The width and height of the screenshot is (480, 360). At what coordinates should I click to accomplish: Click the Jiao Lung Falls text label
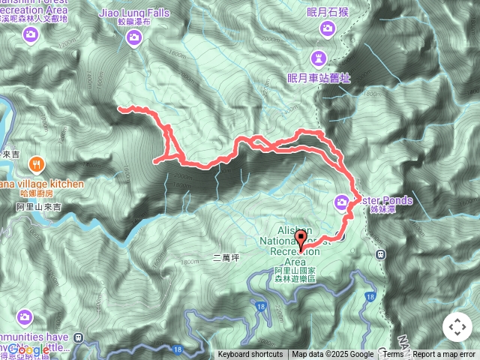pyautogui.click(x=134, y=13)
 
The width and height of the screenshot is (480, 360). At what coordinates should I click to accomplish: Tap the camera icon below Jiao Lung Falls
pyautogui.click(x=135, y=37)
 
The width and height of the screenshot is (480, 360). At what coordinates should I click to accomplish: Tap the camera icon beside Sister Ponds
pyautogui.click(x=342, y=202)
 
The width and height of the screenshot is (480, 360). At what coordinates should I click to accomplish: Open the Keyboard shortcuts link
pyautogui.click(x=250, y=355)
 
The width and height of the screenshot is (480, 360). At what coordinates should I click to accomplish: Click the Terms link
pyautogui.click(x=393, y=355)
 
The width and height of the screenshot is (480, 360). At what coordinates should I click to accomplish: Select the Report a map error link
pyautogui.click(x=445, y=355)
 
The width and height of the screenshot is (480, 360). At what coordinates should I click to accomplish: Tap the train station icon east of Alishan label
pyautogui.click(x=381, y=254)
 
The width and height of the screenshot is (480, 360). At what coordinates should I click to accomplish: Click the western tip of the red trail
pyautogui.click(x=119, y=109)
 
